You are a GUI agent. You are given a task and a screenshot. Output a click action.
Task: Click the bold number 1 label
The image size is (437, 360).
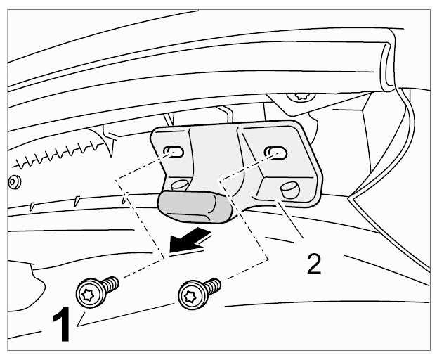pos(62,324)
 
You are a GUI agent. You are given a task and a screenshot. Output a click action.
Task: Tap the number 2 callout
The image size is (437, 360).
pos(314,264)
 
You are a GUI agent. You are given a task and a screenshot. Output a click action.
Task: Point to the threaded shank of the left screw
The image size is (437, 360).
pos(111,284)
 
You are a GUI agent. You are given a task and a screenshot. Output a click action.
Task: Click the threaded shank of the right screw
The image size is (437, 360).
pos(213,286)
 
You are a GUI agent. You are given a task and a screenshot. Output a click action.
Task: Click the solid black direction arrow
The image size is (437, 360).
pos(190,239)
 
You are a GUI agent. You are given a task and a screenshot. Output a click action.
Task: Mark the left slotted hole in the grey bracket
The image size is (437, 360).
pos(174,152)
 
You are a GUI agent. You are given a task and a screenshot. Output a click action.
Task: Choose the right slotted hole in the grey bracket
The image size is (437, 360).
pos(276,152)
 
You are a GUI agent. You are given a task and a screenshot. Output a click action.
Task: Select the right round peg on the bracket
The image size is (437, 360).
pos(290,190)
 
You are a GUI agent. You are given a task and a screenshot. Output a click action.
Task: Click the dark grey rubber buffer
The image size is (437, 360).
pos(195,207)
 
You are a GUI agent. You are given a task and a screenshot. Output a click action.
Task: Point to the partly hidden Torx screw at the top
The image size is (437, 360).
pos(301,97)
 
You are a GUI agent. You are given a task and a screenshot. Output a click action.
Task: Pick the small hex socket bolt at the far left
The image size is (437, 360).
pos(15,182)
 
